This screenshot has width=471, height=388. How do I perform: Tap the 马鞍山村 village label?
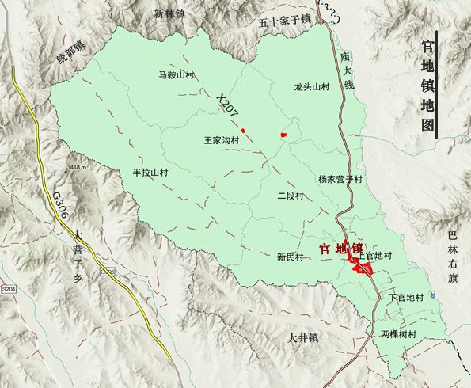[177, 75]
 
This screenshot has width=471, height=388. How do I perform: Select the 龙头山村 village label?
[311, 87]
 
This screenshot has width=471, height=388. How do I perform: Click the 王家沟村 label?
[222, 140]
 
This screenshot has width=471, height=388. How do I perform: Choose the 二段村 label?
[291, 196]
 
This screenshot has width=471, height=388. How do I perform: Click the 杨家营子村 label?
[340, 180]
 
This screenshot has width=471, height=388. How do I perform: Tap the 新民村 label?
[291, 257]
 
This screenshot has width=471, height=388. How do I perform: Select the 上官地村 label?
[375, 256]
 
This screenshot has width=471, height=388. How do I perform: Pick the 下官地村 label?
[407, 298]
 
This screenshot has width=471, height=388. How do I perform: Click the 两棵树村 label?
[398, 333]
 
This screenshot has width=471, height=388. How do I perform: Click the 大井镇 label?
[302, 338]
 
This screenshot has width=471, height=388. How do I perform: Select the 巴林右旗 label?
[452, 257]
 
